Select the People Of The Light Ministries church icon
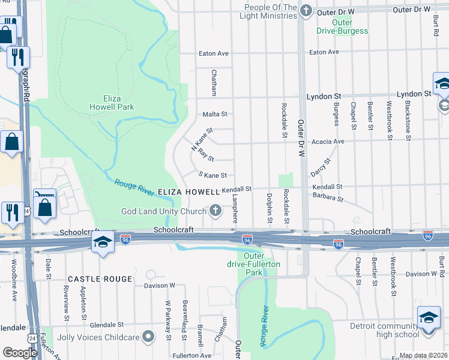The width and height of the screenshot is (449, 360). coord(306,10)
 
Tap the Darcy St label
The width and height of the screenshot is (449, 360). coord(321,169)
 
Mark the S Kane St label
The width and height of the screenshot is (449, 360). coord(213,175)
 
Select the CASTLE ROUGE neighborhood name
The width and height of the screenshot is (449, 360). coord(100,279)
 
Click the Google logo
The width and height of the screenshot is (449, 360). coord(19,353)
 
